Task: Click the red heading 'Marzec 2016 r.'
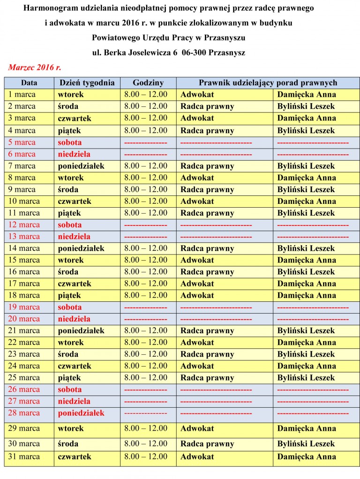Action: [x=35, y=67]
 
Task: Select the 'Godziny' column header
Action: [x=148, y=82]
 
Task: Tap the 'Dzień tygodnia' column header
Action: [x=87, y=82]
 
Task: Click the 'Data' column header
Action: [x=29, y=82]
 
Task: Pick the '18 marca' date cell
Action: [x=24, y=295]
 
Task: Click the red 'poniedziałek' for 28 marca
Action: [x=81, y=413]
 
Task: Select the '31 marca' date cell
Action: [x=24, y=457]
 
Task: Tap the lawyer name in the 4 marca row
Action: [x=306, y=130]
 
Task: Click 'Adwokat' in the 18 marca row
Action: [x=197, y=295]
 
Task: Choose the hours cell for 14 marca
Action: [x=146, y=248]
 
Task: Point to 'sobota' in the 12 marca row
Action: [x=70, y=225]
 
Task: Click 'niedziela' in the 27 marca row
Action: [x=74, y=401]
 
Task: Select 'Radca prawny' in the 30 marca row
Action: [x=207, y=444]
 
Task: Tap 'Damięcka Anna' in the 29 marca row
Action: [x=307, y=428]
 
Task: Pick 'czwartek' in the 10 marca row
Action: [x=75, y=201]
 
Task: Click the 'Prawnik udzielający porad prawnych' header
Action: [x=268, y=82]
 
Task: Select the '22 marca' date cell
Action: [x=24, y=342]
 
